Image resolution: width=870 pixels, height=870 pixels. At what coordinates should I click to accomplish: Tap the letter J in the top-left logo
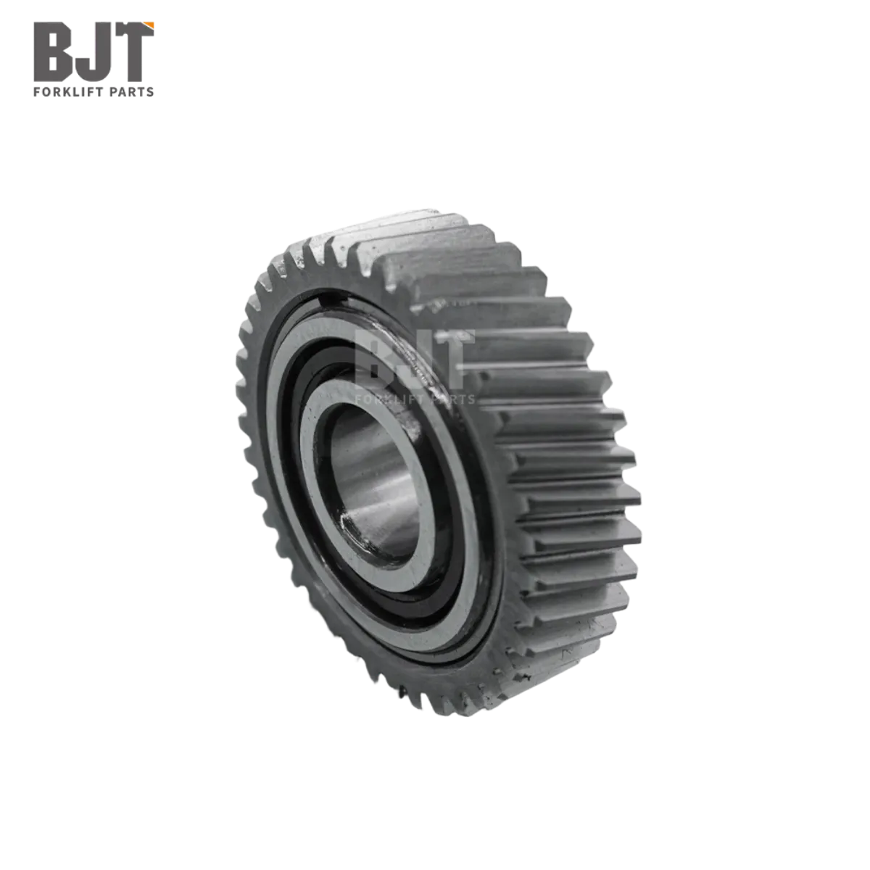pyautogui.click(x=92, y=52)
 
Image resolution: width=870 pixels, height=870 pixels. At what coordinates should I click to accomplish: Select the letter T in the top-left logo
pyautogui.click(x=132, y=51)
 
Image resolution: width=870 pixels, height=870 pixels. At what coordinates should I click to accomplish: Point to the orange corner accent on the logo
pyautogui.click(x=149, y=25)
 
